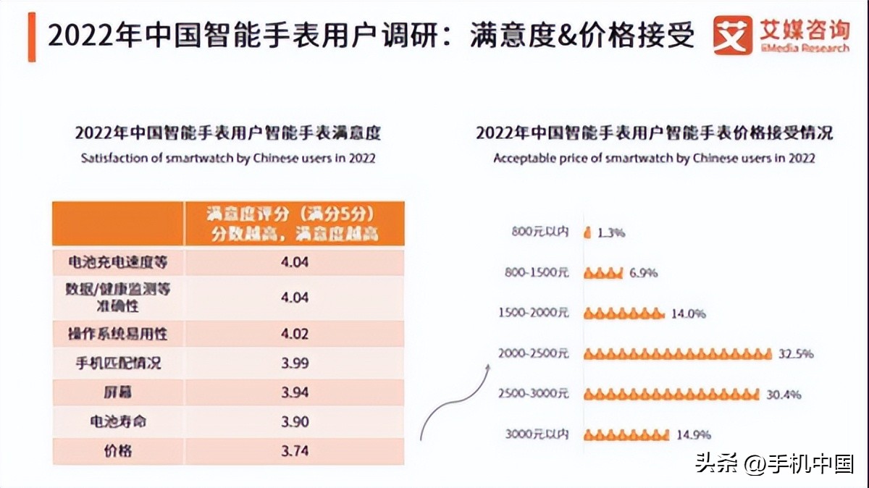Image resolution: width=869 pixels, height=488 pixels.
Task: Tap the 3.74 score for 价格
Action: pos(295,450)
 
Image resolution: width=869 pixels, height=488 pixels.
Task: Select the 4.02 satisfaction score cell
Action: pos(295,334)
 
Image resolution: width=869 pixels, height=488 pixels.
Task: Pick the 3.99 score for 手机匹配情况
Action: pos(295,363)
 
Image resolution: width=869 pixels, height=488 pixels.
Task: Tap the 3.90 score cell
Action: pos(295,421)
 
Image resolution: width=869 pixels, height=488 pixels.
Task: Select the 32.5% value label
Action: pos(796,354)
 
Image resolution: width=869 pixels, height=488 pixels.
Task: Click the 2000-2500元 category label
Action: pos(534,354)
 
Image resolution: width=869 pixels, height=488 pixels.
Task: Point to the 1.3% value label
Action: pos(611,233)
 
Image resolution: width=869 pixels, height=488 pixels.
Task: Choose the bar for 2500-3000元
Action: pos(671,395)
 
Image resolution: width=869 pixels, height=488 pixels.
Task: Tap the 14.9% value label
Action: pos(693,435)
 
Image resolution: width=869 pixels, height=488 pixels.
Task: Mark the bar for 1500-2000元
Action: pos(623,314)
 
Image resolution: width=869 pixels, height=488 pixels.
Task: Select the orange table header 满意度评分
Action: pos(293,224)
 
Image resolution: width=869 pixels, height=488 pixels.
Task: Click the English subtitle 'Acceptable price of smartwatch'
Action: pos(654,158)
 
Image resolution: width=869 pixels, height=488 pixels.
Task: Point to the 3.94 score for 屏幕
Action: pos(295,392)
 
